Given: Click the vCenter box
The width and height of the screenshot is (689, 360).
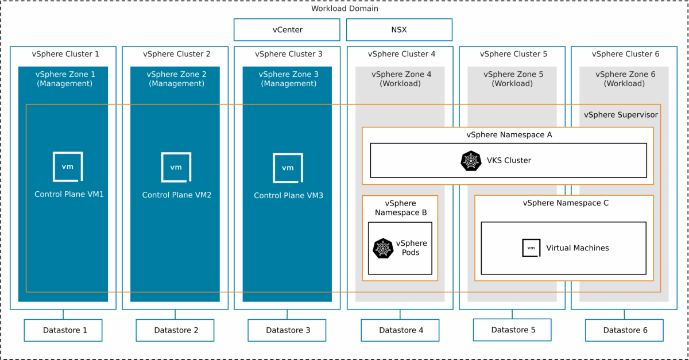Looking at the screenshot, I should [x=287, y=30].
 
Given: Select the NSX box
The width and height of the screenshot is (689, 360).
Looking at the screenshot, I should [x=399, y=30].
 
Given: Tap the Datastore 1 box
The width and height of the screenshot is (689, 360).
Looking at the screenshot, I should [x=63, y=330].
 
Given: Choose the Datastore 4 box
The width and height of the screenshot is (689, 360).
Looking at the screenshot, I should [x=400, y=330].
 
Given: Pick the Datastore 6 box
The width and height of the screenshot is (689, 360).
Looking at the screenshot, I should [x=624, y=330].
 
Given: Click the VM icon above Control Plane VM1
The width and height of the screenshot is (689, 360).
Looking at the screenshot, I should [x=68, y=167].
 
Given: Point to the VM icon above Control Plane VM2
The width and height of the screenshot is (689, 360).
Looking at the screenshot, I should [x=176, y=167].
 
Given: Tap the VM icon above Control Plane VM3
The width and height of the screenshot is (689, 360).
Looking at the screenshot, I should [x=288, y=167].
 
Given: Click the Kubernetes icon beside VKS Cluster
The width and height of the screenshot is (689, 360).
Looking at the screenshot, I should [x=471, y=161].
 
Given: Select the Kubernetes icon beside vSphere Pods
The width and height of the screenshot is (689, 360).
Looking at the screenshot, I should [x=383, y=248].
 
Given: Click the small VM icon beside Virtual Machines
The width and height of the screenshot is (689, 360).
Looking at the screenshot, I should [x=531, y=247].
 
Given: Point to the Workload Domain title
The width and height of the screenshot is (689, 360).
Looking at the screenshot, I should [x=344, y=9].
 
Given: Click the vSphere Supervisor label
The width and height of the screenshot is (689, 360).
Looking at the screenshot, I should [x=621, y=115].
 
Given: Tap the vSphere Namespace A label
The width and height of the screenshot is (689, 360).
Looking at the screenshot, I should [x=509, y=135].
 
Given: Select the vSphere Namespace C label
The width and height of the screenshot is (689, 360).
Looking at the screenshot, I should [x=565, y=203].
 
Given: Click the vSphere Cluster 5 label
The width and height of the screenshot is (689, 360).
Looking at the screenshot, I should [x=512, y=54].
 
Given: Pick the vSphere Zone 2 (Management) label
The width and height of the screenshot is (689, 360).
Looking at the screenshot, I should [x=176, y=79].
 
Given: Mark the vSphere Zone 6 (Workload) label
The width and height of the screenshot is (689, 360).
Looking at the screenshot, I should [x=625, y=79].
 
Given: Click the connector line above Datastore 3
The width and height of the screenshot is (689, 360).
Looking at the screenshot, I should [x=287, y=314].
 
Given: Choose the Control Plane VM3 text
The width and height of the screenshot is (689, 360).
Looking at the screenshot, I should [x=288, y=196].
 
